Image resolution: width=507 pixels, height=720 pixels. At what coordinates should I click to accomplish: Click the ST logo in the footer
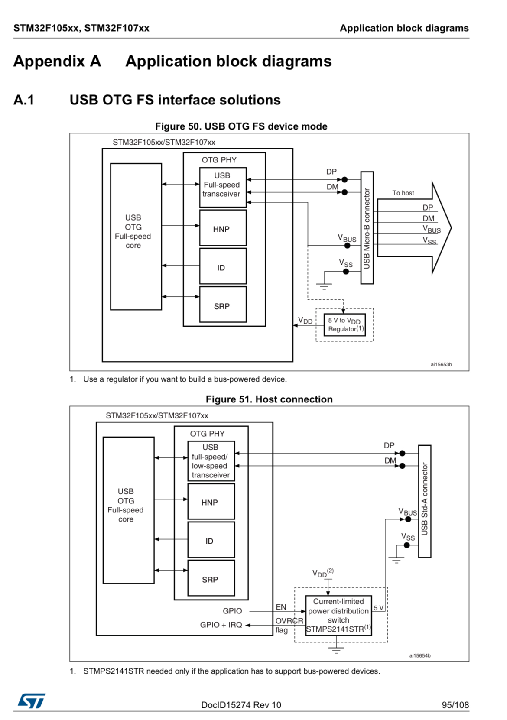[x=31, y=701]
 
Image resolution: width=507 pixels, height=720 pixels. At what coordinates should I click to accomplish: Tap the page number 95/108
[x=455, y=705]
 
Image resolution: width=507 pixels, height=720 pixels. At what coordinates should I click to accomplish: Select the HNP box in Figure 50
[x=223, y=228]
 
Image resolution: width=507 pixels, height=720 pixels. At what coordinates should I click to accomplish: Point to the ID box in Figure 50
[x=223, y=266]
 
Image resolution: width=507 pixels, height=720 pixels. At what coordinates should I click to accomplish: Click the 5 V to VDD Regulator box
[x=344, y=324]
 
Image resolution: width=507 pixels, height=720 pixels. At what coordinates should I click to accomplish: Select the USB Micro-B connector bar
[x=367, y=227]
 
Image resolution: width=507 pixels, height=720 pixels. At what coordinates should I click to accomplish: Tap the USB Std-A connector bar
[x=424, y=501]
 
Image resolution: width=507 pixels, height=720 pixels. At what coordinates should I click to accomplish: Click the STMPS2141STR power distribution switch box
[x=338, y=615]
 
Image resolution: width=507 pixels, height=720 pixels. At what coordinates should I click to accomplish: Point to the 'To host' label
[x=403, y=193]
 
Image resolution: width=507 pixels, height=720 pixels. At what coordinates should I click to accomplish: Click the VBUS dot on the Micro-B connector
[x=347, y=246]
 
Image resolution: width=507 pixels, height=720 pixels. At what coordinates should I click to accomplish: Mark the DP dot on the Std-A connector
[x=402, y=453]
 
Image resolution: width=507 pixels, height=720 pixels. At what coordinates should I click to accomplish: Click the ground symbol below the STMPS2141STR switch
[x=336, y=649]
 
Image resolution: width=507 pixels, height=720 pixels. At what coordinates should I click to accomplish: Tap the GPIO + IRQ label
[x=221, y=625]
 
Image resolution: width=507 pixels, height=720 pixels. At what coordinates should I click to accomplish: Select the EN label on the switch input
[x=281, y=607]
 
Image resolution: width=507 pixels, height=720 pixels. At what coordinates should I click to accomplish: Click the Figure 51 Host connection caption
[x=269, y=399]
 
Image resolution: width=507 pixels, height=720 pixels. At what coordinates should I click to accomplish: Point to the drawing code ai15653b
[x=441, y=364]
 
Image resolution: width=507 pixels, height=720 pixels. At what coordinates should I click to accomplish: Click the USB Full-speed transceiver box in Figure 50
[x=223, y=185]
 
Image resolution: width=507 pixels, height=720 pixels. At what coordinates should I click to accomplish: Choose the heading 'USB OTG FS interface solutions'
[x=175, y=100]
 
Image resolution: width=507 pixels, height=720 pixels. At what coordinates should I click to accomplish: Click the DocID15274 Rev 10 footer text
[x=241, y=705]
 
